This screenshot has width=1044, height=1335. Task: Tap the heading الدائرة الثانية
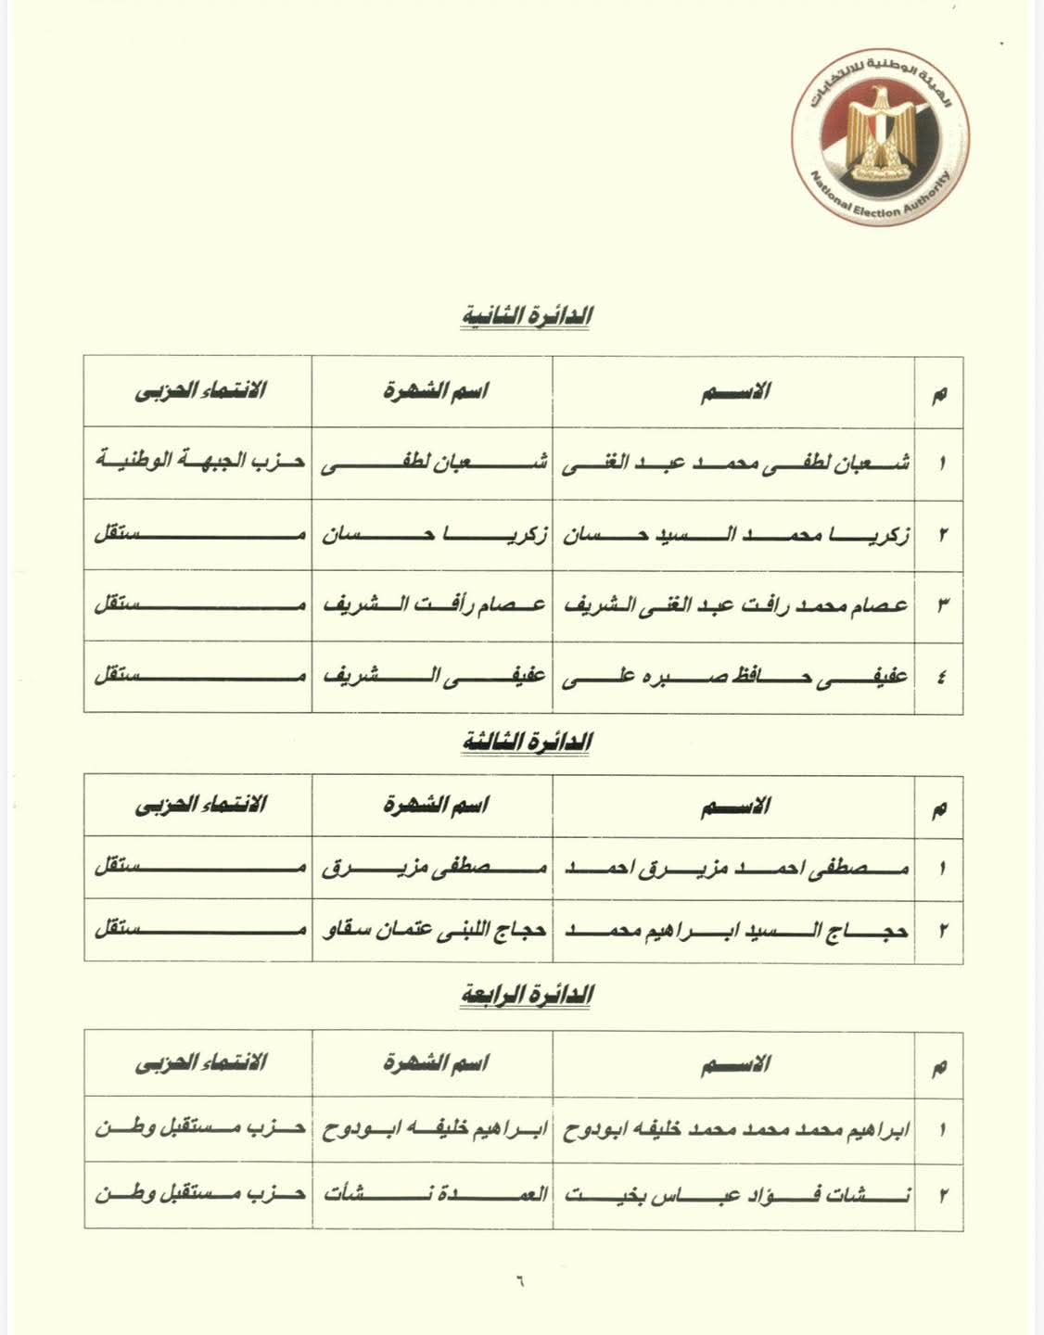(527, 316)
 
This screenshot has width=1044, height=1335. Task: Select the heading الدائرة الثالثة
(527, 743)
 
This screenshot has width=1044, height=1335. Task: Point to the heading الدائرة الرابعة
(527, 996)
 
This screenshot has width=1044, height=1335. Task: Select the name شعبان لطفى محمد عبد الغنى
(736, 463)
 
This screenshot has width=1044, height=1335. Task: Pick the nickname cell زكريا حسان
(434, 535)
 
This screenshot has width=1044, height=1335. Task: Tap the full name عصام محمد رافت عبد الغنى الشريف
(736, 605)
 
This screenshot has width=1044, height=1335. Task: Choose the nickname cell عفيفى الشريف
(434, 677)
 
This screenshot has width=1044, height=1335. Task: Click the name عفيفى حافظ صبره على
(736, 677)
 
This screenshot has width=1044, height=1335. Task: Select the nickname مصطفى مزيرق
(434, 869)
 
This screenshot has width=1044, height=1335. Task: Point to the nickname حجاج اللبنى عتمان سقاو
(434, 930)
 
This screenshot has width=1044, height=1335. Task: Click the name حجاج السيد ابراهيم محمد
(736, 930)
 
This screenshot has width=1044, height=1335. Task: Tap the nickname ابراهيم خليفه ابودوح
(434, 1130)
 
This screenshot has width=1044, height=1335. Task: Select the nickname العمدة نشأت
(434, 1195)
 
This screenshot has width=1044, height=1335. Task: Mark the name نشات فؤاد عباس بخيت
(736, 1195)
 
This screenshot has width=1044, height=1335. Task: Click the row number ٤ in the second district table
(942, 678)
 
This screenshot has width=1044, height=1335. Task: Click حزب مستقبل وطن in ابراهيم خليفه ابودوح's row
(199, 1130)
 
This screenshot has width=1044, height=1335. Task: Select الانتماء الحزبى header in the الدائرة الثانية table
(199, 390)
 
